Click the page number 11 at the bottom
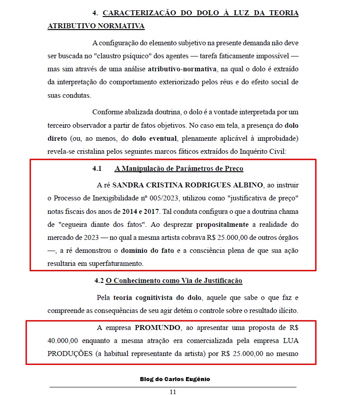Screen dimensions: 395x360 173,391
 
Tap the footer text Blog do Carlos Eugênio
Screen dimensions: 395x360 175,379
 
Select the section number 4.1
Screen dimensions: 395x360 98,169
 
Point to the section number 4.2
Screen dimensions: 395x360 99,281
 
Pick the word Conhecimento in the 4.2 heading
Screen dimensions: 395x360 138,281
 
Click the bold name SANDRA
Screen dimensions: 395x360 127,185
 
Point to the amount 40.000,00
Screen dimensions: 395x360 62,340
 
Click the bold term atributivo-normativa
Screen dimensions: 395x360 182,69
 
